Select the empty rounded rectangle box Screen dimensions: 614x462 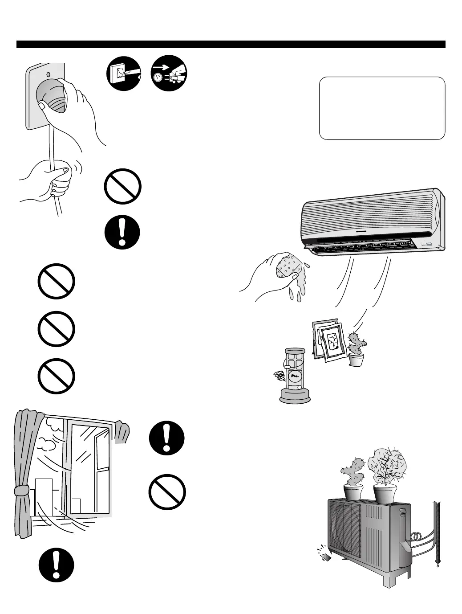pyautogui.click(x=382, y=108)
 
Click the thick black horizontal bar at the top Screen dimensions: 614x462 pyautogui.click(x=231, y=44)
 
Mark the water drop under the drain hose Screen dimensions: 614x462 pyautogui.click(x=438, y=567)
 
